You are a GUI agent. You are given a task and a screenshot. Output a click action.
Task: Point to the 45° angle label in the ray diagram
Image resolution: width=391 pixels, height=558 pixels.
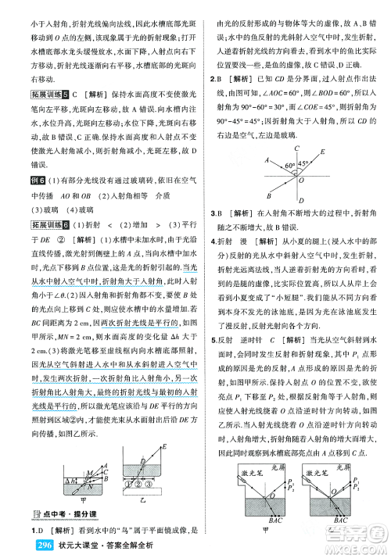[x=285, y=166]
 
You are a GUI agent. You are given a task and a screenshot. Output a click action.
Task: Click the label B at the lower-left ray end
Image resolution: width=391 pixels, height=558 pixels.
[x=246, y=198]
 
